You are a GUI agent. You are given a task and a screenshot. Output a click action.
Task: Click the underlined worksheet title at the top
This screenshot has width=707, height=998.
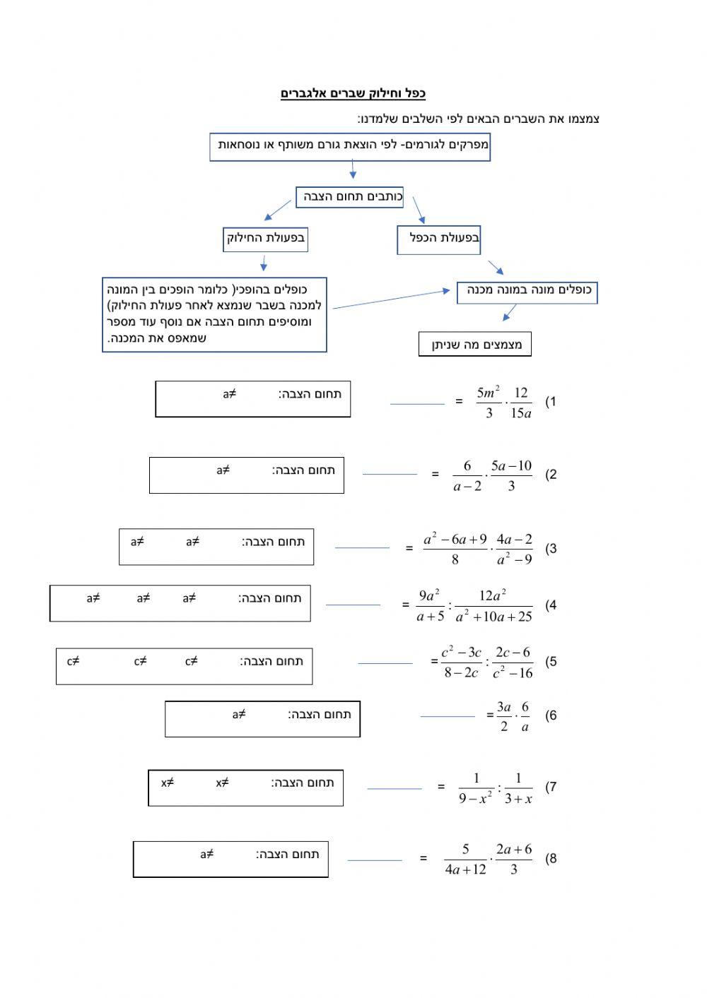pos(353,94)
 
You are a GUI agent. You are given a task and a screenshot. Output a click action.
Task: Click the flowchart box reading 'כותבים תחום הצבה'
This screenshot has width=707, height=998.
pos(349,197)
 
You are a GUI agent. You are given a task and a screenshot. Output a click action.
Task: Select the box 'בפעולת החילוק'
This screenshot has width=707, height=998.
pos(265,239)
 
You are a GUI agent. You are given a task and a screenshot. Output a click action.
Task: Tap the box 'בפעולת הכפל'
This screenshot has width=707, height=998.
pos(438,239)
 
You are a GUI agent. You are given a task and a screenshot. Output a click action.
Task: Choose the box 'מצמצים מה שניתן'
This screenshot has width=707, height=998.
pos(475,345)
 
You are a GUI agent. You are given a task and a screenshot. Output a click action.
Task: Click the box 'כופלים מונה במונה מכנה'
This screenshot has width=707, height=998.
pos(527,291)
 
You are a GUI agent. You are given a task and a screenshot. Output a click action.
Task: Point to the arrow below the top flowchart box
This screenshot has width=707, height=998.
pos(353,170)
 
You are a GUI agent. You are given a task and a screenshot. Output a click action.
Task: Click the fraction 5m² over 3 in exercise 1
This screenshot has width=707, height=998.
pos(489,402)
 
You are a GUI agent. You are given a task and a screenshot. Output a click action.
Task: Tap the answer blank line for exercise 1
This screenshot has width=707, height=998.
pos(417,404)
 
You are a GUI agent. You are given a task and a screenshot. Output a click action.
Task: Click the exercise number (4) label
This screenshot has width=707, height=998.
pos(551,605)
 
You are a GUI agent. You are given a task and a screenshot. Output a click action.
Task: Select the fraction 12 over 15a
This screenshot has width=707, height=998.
pos(520,402)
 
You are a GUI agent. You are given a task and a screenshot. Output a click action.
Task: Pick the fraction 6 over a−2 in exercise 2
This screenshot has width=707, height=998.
pos(467,475)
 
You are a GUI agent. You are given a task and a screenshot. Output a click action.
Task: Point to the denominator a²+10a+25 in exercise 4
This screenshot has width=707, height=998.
pos(493,617)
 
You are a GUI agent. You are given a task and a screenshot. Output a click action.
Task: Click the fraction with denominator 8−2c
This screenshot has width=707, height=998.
pos(461,663)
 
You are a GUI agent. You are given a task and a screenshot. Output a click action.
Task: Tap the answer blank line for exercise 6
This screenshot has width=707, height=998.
pos(448,716)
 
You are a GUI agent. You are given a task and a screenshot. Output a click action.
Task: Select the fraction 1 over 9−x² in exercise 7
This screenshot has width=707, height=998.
pos(476,788)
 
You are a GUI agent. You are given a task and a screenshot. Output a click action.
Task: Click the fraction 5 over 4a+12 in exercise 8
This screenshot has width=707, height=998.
pos(466,860)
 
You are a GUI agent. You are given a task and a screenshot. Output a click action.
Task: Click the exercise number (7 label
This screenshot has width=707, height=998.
pos(551,788)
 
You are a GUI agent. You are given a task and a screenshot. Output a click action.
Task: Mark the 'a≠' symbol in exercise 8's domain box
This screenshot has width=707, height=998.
pos(206,855)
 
